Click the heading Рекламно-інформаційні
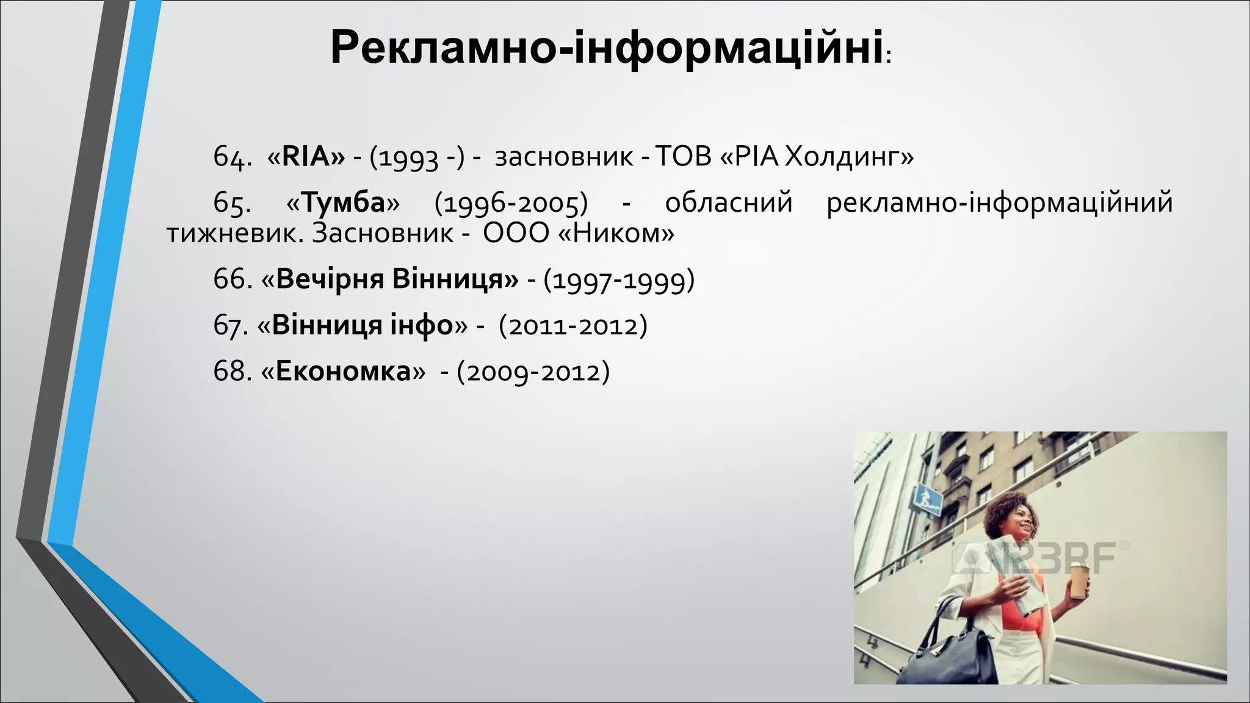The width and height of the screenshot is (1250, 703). coord(607,48)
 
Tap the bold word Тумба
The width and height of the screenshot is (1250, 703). coord(343,203)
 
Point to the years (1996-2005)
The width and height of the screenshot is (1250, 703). coord(511,203)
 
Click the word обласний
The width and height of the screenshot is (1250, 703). coord(728,203)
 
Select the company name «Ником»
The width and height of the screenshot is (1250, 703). coord(616,233)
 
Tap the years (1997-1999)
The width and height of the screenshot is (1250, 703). coord(618,280)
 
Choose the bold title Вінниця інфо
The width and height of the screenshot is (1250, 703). coord(362,325)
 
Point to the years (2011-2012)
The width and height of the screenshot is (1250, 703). coord(573,326)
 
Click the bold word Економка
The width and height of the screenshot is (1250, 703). coord(343,371)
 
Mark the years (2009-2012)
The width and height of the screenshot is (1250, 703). coord(533,372)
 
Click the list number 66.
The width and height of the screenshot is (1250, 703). coord(232,279)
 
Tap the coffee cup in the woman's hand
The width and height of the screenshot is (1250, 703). coord(1079,581)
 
